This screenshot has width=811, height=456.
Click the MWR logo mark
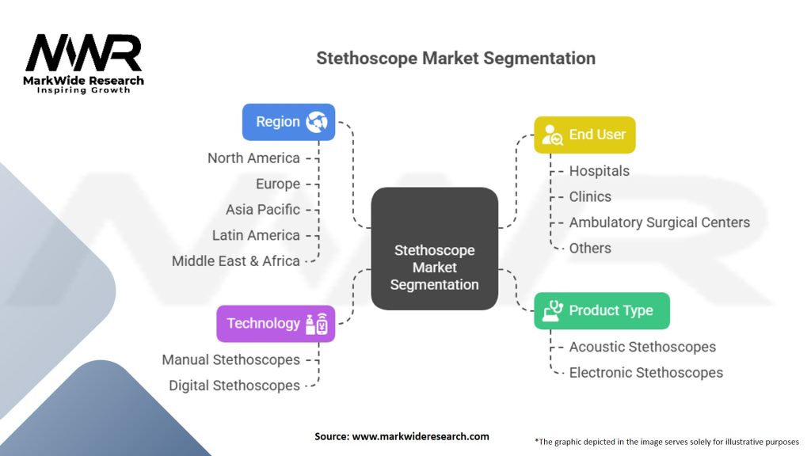pos(83,53)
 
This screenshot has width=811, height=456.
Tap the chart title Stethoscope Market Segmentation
pos(455,59)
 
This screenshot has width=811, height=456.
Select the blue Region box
pos(288,122)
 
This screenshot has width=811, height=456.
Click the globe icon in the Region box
pos(317,122)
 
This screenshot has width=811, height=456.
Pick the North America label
pos(253,158)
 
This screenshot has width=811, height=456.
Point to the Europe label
pos(278,184)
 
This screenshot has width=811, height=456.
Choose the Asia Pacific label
pos(263,210)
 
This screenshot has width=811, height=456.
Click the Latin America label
pos(256,236)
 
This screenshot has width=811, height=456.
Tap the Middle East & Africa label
pos(236,261)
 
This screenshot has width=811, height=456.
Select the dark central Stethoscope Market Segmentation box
pos(435,249)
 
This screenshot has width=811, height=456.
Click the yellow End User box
pos(584,135)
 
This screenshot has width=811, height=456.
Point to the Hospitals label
pos(600,171)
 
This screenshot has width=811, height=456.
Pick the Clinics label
pos(590,197)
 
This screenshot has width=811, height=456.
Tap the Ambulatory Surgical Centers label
pos(660,222)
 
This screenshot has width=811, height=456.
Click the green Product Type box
pos(602,310)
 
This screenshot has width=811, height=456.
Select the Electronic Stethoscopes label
pos(646,373)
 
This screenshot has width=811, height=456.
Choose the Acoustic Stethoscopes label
pos(642,347)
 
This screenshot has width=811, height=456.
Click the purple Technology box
pos(276,324)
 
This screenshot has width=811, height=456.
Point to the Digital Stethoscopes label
pos(234,386)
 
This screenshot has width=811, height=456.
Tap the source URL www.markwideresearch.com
pos(421,436)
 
